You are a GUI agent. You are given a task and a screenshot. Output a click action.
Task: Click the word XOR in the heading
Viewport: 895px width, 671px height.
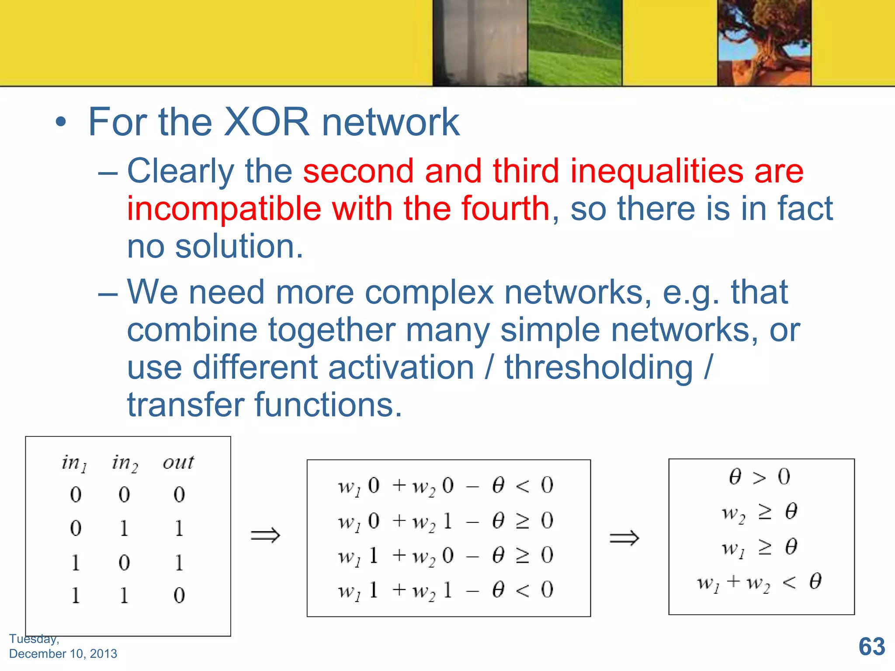[x=266, y=122]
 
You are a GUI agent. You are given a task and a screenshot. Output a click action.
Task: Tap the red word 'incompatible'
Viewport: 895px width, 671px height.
[x=224, y=209]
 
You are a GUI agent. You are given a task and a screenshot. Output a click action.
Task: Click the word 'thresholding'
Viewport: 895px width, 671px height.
[x=599, y=367]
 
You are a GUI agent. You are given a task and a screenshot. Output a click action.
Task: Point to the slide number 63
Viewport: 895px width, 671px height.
[x=871, y=647]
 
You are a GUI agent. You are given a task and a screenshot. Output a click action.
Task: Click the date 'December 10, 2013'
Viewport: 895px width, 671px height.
[x=63, y=654]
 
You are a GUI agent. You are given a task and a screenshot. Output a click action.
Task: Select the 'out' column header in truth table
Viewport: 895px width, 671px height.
[x=178, y=462]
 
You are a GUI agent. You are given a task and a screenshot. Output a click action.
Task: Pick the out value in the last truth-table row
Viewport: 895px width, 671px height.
[x=179, y=595]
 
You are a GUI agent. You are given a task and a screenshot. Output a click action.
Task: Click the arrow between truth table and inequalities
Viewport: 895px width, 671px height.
[x=265, y=535]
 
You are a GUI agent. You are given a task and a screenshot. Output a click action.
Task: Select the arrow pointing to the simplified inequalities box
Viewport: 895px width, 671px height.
[x=624, y=538]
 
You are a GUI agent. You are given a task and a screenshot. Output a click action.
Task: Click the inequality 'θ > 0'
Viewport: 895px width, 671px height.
[x=760, y=477]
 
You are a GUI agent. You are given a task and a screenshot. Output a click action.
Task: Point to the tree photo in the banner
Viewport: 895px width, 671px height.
[x=764, y=42]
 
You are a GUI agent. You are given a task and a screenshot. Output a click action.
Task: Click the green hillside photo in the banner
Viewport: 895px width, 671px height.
[x=575, y=42]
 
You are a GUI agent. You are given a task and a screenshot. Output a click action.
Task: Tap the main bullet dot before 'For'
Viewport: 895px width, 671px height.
[x=61, y=123]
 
